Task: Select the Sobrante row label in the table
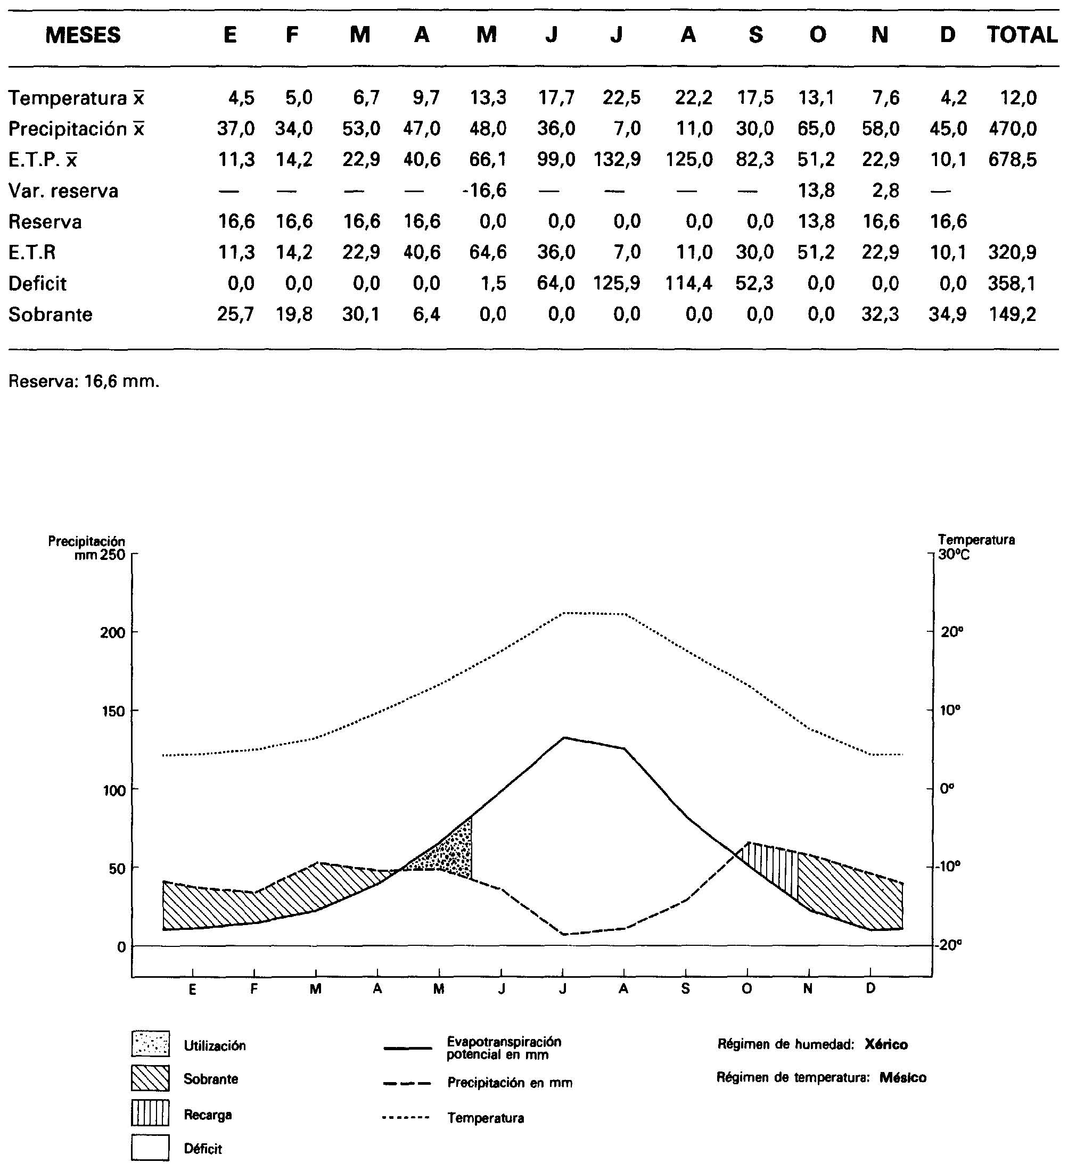(51, 315)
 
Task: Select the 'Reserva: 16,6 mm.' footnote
(84, 382)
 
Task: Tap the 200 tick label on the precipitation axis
(112, 633)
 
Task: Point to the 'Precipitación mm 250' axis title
(87, 548)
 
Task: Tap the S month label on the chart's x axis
(685, 989)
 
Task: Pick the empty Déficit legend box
(150, 1148)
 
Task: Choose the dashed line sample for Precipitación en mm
(407, 1083)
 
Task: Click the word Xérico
(885, 1044)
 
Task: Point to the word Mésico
(902, 1077)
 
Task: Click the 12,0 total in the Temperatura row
(1018, 98)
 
